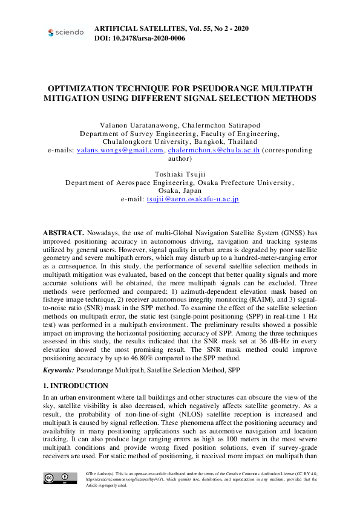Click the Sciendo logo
point(65,32)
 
